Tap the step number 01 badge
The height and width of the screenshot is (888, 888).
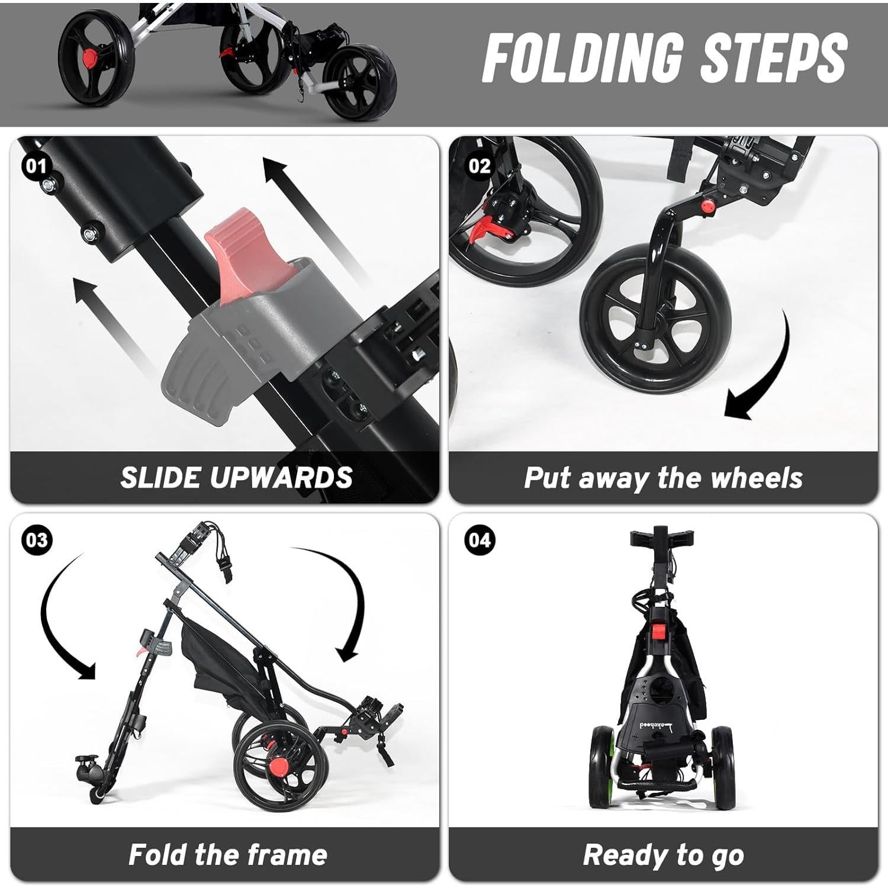(x=36, y=166)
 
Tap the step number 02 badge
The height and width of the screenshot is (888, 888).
(x=480, y=166)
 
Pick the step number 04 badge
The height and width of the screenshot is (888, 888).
(x=480, y=540)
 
